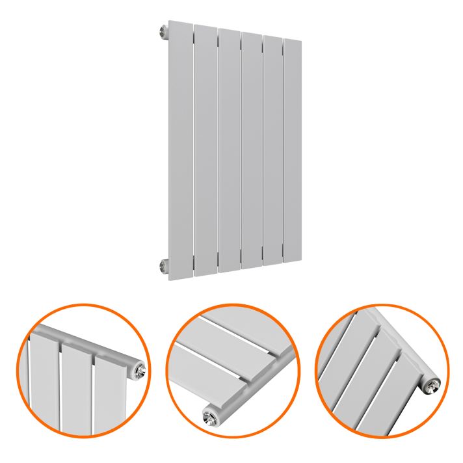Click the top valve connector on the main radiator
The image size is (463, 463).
[163, 31]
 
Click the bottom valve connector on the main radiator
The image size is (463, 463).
[163, 265]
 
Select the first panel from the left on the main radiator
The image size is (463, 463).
[180, 150]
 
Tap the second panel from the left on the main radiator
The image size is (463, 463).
[205, 150]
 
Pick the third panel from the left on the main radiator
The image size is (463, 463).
[229, 150]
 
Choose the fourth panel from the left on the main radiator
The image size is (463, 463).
[251, 150]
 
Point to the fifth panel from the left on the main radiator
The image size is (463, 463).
[272, 150]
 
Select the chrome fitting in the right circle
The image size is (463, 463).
[432, 384]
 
